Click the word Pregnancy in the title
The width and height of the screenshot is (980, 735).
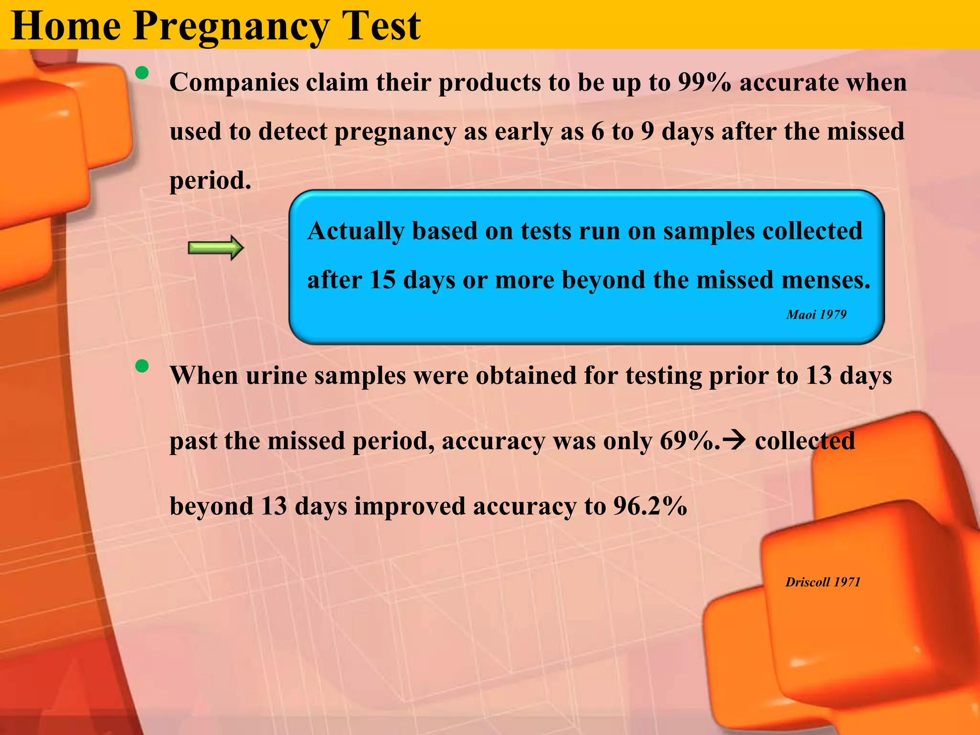(232, 27)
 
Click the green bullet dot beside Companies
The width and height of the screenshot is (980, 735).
(142, 73)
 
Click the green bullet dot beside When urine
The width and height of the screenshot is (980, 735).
(142, 367)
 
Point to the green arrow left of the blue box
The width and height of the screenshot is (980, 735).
(216, 248)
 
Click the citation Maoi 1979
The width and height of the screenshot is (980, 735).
(816, 314)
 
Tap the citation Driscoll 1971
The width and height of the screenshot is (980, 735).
(823, 582)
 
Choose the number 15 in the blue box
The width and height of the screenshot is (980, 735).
(382, 280)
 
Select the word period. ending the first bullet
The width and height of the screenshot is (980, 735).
(211, 181)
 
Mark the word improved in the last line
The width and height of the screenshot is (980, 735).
(410, 506)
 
